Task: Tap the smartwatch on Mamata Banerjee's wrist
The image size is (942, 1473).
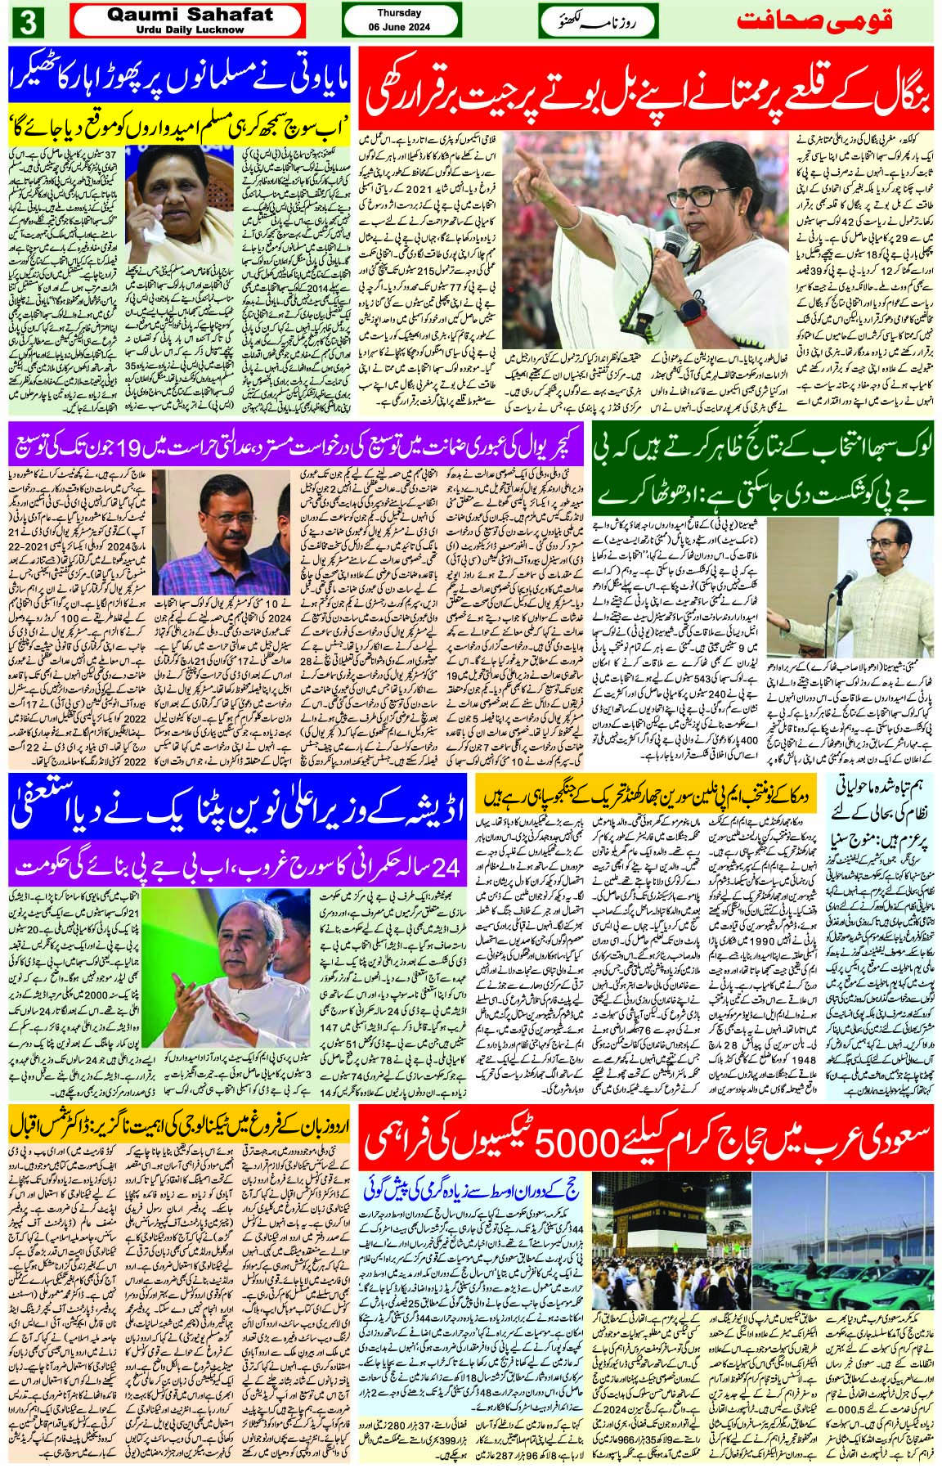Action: click(x=693, y=310)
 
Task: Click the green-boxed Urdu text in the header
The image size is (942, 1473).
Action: click(x=597, y=20)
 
